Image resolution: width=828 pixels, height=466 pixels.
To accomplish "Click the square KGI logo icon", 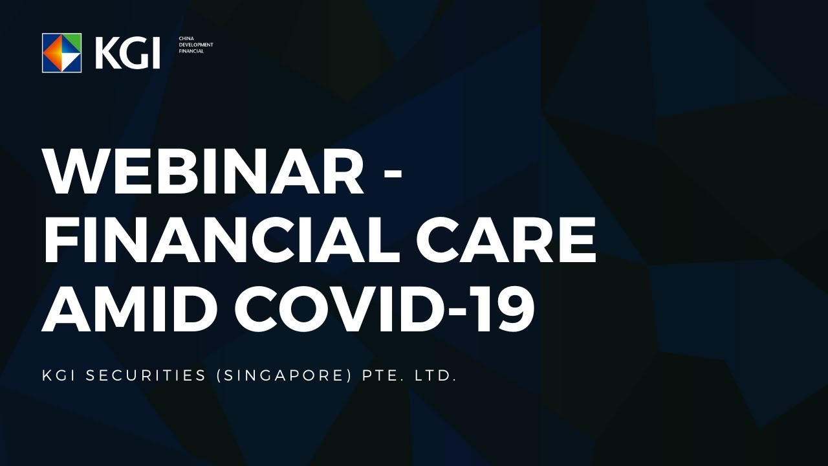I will click(x=62, y=52).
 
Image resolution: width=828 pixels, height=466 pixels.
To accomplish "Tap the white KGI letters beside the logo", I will click(x=127, y=53).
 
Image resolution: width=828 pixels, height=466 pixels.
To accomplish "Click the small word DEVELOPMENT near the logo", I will click(x=195, y=45).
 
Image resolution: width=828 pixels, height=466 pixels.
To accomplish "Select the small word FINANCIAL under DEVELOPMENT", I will click(x=191, y=51).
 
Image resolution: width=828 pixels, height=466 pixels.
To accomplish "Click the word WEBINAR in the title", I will click(x=203, y=173).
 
